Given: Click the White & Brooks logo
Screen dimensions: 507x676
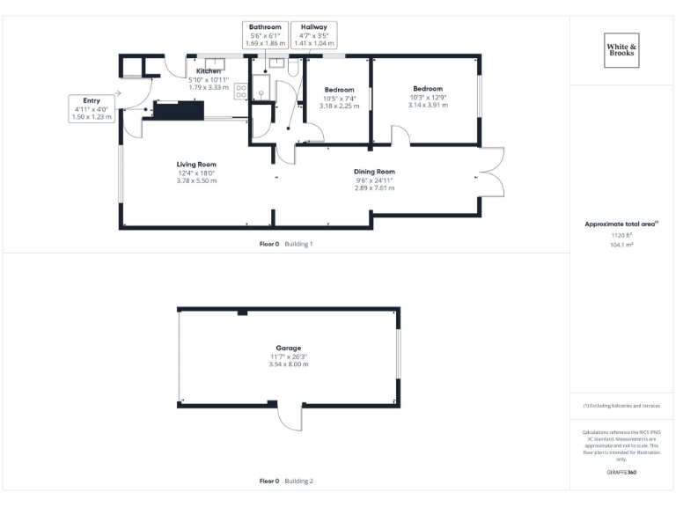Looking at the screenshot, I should point(622,49).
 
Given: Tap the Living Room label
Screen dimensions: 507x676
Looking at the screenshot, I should point(196,165).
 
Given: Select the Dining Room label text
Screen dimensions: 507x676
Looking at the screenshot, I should point(374,172).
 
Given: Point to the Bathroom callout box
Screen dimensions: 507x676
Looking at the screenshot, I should point(265,35).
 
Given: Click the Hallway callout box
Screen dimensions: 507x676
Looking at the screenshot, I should point(314,35).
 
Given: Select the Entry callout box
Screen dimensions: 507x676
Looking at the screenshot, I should point(92,108).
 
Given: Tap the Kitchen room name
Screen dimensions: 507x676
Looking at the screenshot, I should point(209,71).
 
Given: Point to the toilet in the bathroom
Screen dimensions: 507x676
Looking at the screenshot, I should point(293,64).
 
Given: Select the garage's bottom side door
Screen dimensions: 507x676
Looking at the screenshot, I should point(289,417).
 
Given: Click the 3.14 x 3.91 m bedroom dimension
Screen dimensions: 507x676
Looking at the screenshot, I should point(428,105).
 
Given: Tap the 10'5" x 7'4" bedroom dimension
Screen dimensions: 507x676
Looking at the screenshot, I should point(339,99).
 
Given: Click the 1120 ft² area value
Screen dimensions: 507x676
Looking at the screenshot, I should point(621,235).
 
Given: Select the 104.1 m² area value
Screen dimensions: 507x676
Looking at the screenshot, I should point(621,245).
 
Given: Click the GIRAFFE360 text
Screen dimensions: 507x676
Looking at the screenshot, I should point(621,473).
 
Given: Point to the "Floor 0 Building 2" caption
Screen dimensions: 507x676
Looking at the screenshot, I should point(286,481).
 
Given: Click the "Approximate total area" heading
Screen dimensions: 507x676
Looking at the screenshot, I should point(621,224).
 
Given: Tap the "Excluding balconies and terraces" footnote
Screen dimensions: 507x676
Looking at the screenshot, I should point(621,406).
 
